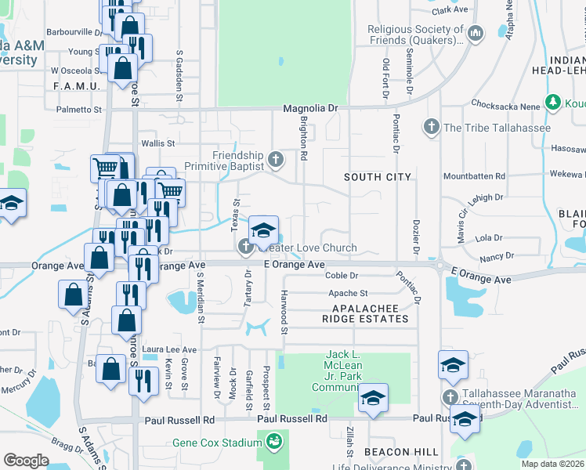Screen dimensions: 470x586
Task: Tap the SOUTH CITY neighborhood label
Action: [x=378, y=177]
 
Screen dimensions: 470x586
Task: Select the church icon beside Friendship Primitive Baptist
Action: [x=275, y=160]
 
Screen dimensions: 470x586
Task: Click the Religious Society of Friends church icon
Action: [x=477, y=33]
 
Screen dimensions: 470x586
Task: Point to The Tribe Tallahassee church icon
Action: [x=430, y=127]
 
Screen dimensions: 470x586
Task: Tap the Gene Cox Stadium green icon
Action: [x=273, y=443]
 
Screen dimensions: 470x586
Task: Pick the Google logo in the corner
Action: [x=26, y=460]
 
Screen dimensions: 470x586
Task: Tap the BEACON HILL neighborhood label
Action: [x=395, y=453]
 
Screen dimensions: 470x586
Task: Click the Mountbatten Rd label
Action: [x=478, y=177]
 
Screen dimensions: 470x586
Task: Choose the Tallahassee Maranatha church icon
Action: [x=450, y=397]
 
